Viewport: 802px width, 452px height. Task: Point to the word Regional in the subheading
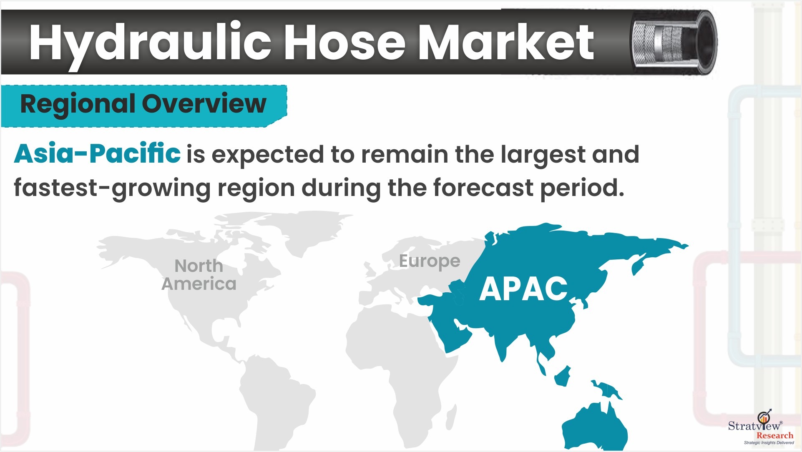coord(78,104)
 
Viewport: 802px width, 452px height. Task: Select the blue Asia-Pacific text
coord(97,153)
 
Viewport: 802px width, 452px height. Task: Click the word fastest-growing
coord(112,188)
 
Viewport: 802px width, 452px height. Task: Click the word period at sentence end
coord(582,188)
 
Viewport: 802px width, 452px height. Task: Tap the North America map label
coord(199,275)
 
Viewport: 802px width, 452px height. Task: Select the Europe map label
coord(430,261)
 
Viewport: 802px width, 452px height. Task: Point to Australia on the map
coord(594,425)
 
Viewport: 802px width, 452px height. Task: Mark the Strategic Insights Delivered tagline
coord(769,443)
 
